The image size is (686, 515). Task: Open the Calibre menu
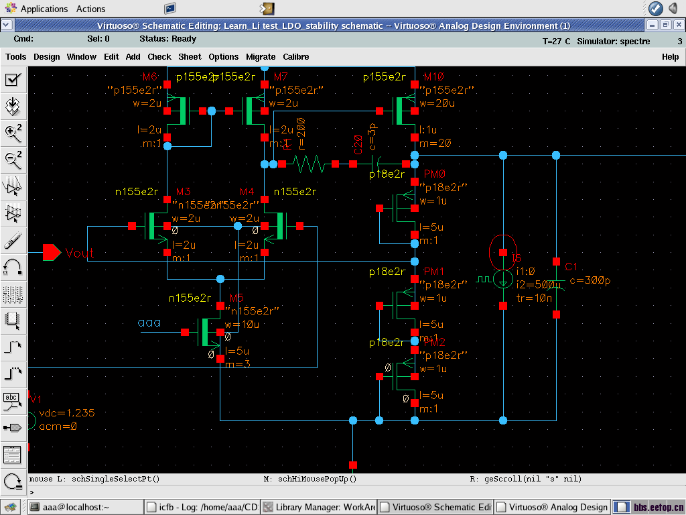295,57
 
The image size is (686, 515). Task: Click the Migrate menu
261,57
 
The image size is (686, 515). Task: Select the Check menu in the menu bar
159,57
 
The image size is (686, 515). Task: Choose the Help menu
670,57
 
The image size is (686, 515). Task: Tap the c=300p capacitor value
590,281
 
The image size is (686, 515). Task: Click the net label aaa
149,323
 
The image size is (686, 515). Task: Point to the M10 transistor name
433,76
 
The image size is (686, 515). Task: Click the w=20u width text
437,103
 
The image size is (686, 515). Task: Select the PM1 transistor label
434,272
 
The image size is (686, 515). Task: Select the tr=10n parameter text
534,297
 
